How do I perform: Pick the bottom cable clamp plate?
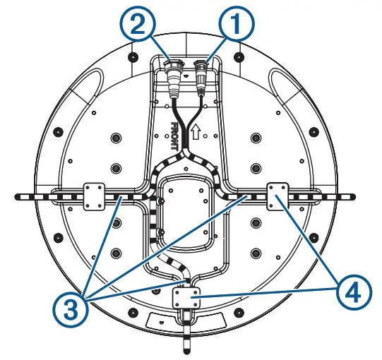pyautogui.click(x=185, y=299)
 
